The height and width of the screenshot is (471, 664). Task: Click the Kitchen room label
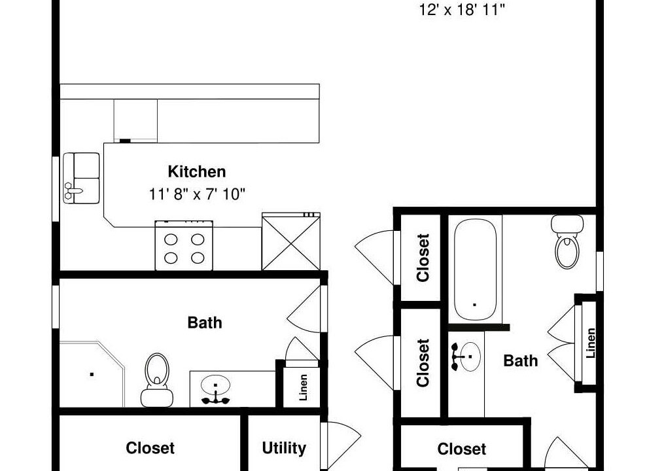(197, 171)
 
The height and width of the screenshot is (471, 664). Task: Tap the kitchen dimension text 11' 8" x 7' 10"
(197, 194)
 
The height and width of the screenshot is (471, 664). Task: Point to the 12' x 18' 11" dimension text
(462, 10)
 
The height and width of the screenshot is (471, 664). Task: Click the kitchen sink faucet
(71, 191)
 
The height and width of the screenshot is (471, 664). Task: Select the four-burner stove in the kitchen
(184, 245)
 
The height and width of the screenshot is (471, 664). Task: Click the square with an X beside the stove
(290, 241)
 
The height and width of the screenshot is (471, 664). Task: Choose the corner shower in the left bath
(92, 374)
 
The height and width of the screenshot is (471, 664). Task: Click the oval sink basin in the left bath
(215, 385)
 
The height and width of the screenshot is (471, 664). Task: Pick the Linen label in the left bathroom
(303, 387)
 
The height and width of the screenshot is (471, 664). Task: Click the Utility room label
(284, 447)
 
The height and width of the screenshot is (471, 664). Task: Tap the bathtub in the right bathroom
(475, 270)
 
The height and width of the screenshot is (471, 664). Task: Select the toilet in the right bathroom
(567, 241)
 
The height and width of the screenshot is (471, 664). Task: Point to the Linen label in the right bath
(591, 343)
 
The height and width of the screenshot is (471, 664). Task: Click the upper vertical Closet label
(423, 258)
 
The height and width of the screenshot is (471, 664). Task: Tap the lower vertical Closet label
(423, 362)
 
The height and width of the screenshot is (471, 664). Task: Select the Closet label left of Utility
(150, 447)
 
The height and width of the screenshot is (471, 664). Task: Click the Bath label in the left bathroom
(205, 323)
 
